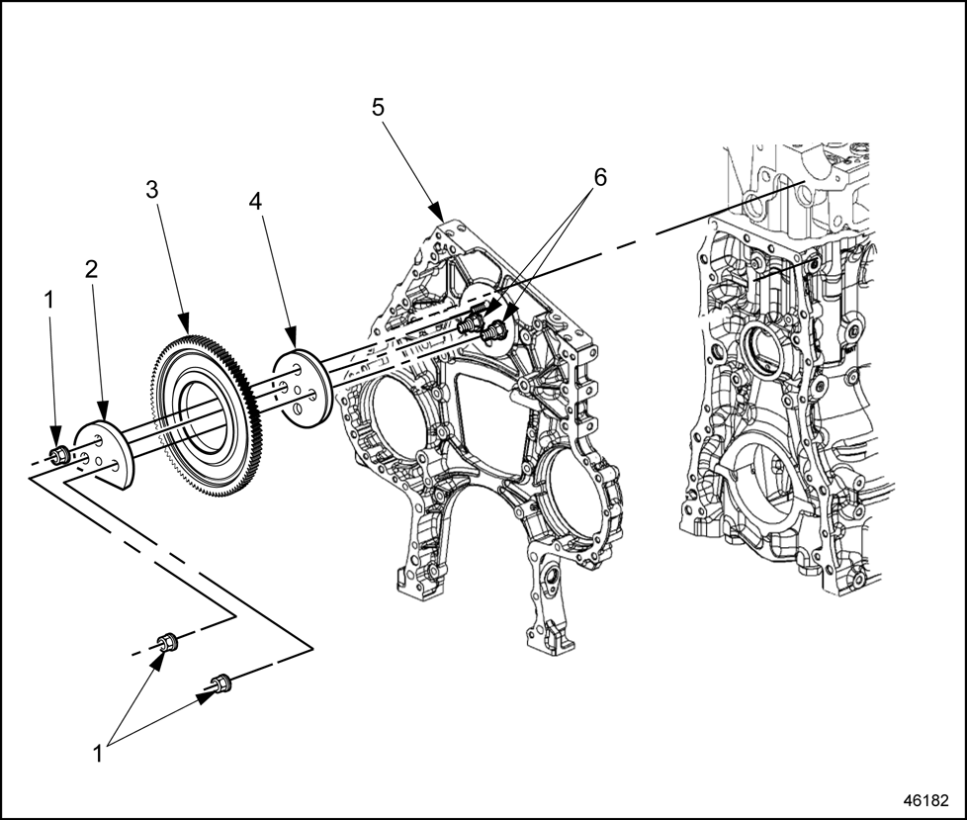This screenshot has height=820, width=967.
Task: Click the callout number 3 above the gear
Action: pos(151,190)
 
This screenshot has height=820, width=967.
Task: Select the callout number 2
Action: pos(91,268)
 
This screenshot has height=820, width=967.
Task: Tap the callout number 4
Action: pos(255,201)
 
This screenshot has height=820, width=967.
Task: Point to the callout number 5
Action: pos(378,107)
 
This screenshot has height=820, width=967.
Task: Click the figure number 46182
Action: pos(923,797)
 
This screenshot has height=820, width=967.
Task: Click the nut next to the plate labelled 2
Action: pos(58,455)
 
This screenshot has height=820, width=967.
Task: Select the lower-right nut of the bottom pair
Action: pos(220,683)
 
